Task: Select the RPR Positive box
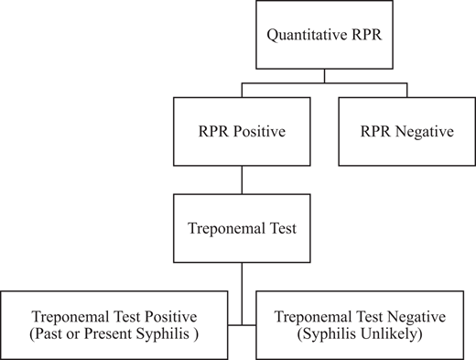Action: click(243, 132)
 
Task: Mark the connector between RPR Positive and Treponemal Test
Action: click(243, 180)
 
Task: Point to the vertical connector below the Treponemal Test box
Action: click(243, 293)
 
